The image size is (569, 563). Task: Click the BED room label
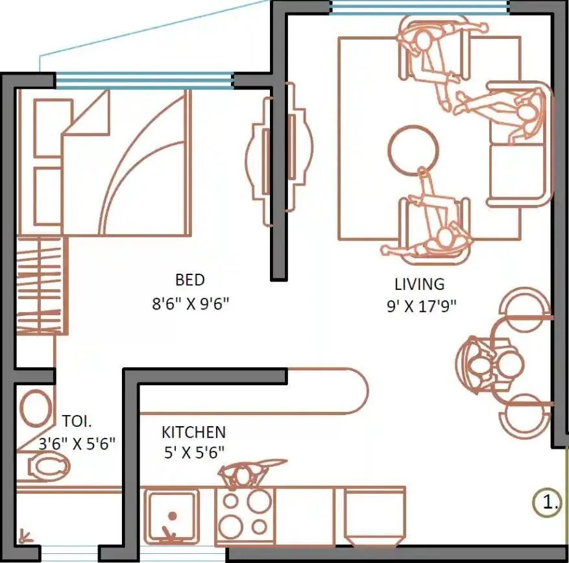pyautogui.click(x=189, y=280)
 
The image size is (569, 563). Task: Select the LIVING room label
pyautogui.click(x=420, y=284)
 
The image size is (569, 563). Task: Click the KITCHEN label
pyautogui.click(x=193, y=432)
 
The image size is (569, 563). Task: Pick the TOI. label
pyautogui.click(x=77, y=420)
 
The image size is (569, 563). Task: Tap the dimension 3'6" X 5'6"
pyautogui.click(x=77, y=444)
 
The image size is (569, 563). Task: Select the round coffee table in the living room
pyautogui.click(x=413, y=149)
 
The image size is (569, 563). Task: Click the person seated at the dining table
pyautogui.click(x=480, y=366)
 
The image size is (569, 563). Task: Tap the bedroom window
pyautogui.click(x=143, y=80)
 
